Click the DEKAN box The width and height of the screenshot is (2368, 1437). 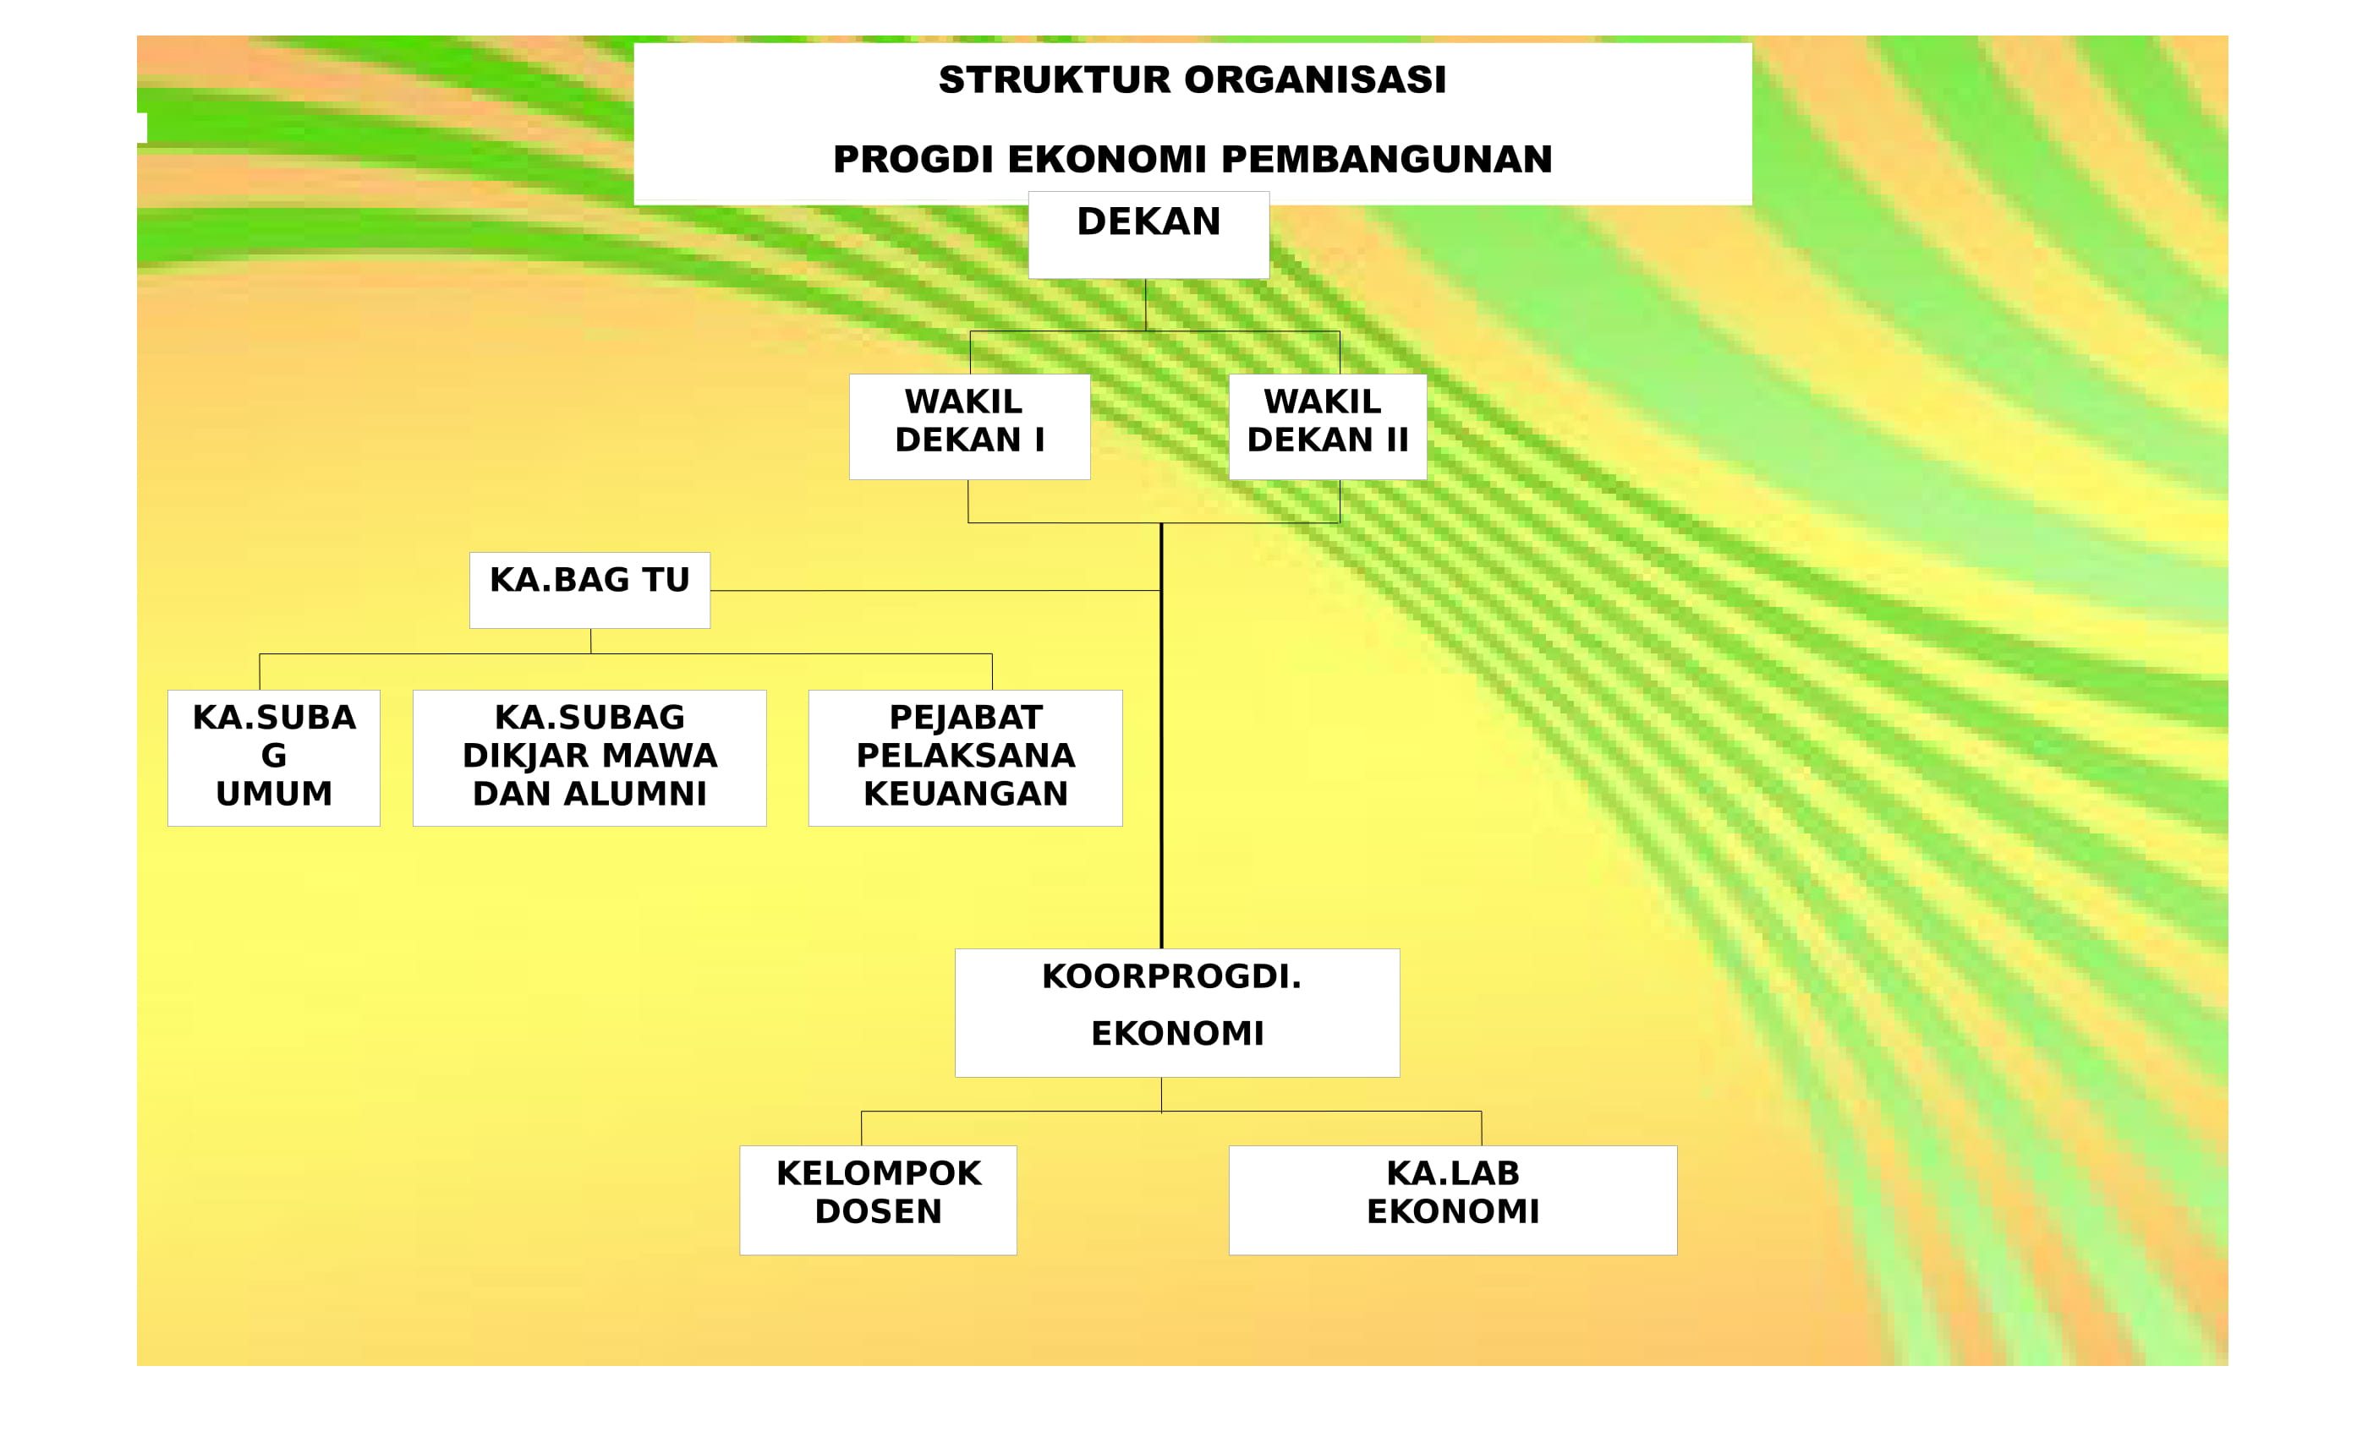coord(1148,235)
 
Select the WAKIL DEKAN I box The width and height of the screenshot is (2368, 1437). coord(970,427)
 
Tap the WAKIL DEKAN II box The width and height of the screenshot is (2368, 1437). coord(1328,427)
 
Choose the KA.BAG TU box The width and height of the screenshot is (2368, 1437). coord(590,591)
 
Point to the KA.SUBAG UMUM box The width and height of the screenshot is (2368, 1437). coord(274,758)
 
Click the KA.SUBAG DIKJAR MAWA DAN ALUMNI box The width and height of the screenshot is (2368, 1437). coord(590,758)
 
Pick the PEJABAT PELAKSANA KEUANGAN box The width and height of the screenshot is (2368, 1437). coord(966,758)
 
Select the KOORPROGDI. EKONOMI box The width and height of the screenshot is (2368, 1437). coord(1177,1013)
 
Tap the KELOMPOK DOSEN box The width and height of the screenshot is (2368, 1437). coord(879,1199)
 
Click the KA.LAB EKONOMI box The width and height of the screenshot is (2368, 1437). coord(1453,1199)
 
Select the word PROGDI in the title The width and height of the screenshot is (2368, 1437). coord(913,160)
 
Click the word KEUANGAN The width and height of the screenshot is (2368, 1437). coord(966,795)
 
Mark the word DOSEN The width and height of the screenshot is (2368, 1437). coord(879,1212)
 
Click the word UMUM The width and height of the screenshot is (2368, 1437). coord(274,795)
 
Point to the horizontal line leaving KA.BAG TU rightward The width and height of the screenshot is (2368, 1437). coord(936,591)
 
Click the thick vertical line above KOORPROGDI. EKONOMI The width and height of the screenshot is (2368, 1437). coord(1162,735)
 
